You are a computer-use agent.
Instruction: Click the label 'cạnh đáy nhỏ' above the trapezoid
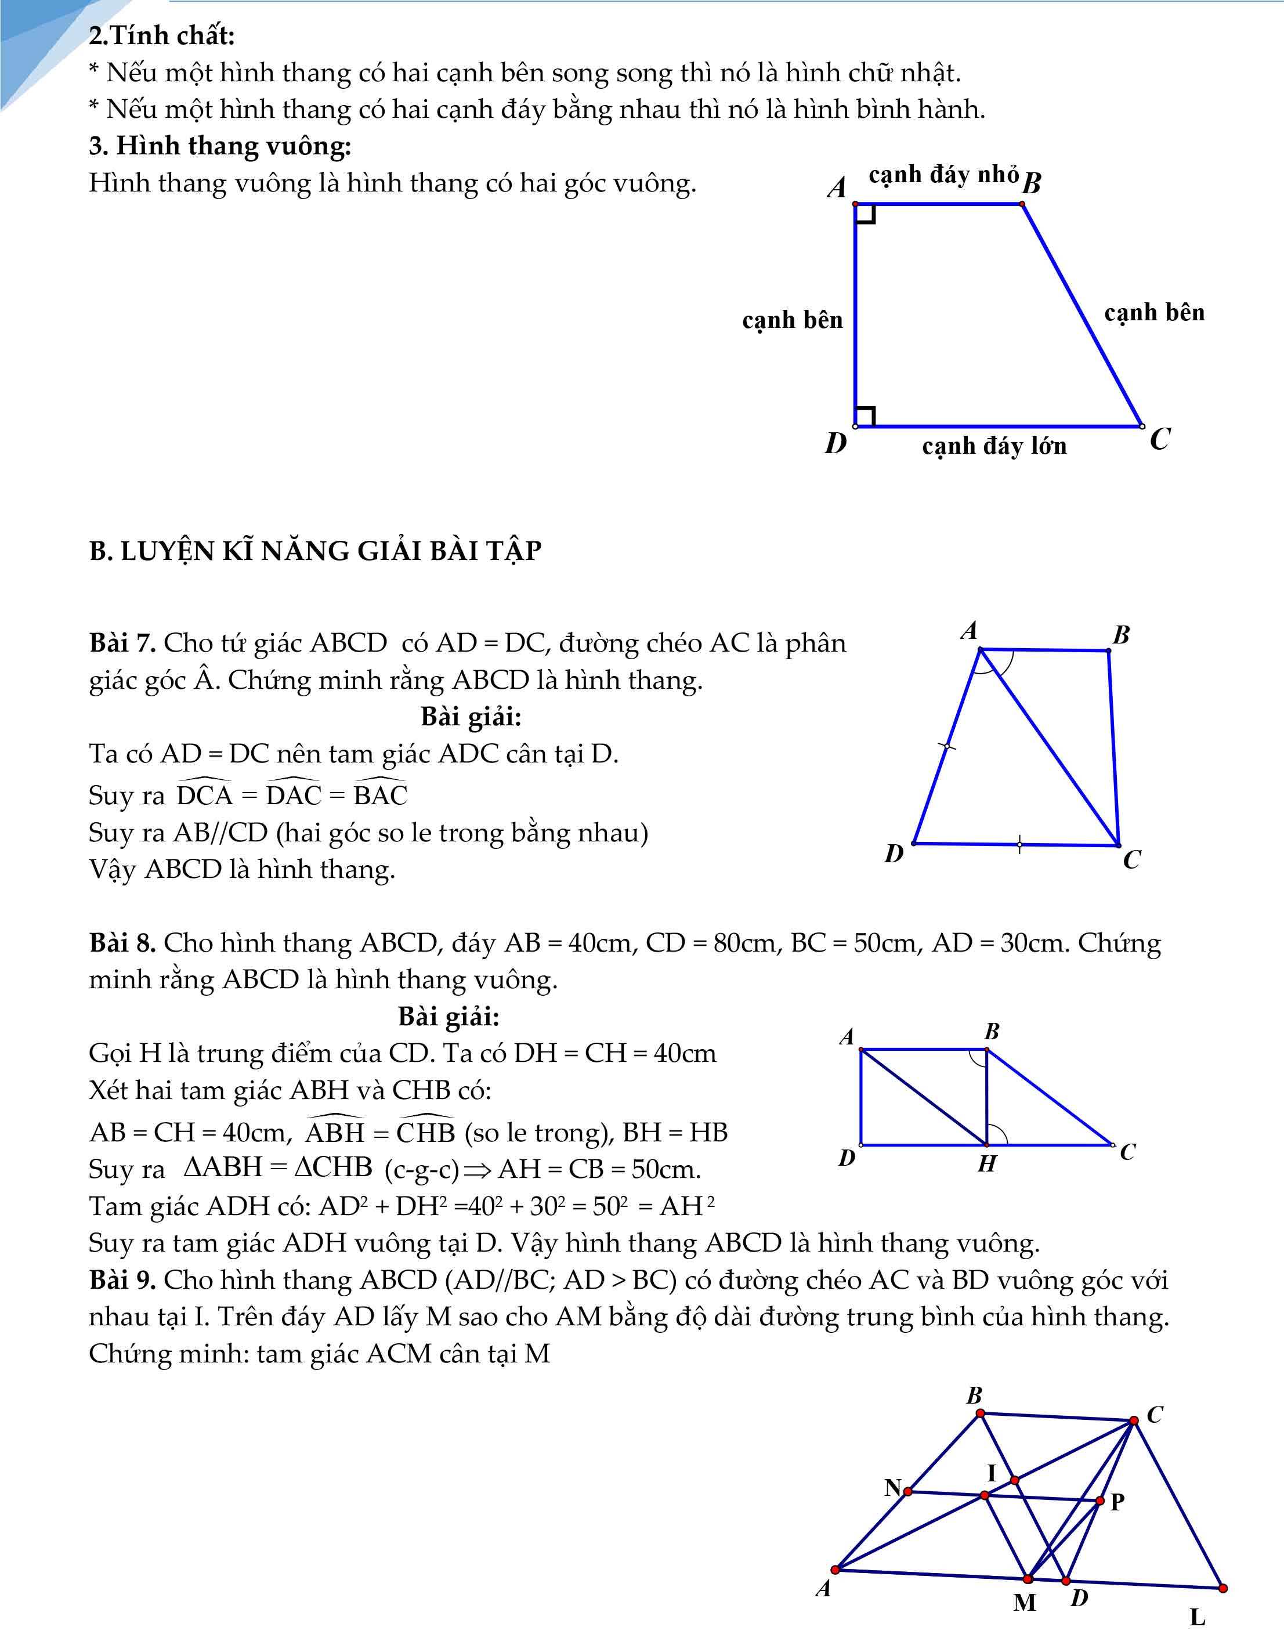943,175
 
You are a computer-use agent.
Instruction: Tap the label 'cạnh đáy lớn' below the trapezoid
994,447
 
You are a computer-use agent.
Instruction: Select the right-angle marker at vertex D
865,417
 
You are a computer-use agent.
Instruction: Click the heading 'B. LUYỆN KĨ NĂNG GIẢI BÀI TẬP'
315,551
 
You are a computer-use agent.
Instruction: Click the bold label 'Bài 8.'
122,943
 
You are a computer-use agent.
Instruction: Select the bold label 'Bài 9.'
122,1279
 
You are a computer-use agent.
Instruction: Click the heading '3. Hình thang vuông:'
220,146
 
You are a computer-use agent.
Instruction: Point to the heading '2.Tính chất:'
162,35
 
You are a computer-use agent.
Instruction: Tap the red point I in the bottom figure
1014,1481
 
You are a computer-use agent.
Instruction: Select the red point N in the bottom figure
908,1491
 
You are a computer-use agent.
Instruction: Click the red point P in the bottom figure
1099,1501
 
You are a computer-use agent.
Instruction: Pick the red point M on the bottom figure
1027,1579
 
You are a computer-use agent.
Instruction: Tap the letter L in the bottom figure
1196,1617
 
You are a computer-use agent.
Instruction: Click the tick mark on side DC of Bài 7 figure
1019,844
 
